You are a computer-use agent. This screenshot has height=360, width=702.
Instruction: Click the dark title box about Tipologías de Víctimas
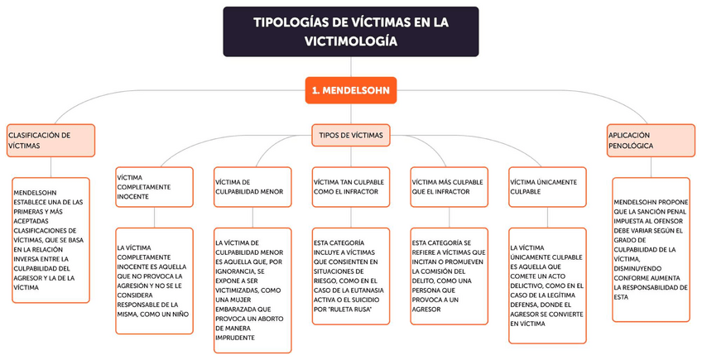pos(350,31)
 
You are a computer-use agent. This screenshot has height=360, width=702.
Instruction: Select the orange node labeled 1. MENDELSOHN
pos(351,89)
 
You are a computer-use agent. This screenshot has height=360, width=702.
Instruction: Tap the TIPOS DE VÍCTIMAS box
pos(351,135)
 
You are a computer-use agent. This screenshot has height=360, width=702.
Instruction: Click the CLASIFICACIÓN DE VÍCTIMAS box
pos(50,140)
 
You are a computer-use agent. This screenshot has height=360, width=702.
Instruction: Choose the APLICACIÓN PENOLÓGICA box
pos(651,140)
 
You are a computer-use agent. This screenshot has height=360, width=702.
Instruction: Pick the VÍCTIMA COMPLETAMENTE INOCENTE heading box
pos(154,186)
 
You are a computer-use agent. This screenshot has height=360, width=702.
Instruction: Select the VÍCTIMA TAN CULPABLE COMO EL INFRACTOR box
pos(351,186)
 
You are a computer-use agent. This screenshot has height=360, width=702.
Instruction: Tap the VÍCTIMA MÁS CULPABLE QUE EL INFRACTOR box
pos(449,186)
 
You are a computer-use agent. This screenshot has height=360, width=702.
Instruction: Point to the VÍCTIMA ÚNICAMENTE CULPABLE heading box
pos(547,186)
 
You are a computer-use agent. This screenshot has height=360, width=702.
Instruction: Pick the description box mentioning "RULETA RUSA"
pos(351,276)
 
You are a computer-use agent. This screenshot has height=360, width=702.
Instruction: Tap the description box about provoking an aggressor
pos(449,276)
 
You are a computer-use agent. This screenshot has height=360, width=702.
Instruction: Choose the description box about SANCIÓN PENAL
pos(651,248)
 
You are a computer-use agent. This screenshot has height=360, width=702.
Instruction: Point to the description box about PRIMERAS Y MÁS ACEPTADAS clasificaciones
pos(50,240)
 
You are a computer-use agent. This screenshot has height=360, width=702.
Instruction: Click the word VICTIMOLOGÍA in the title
pos(350,41)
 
